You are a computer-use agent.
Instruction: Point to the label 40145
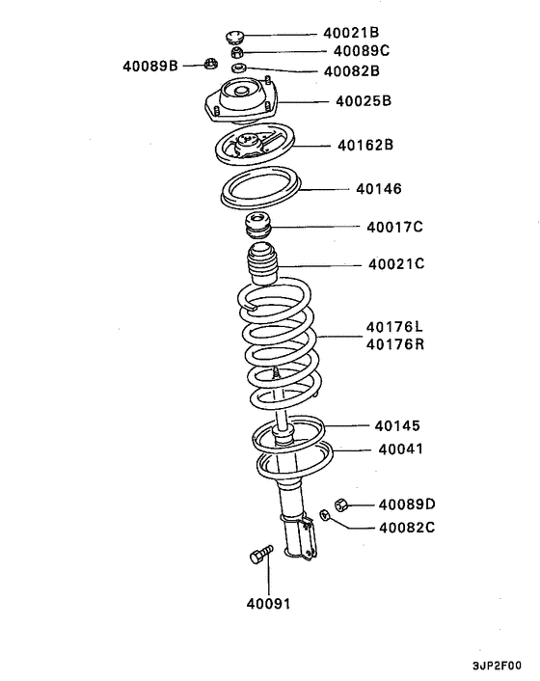398,425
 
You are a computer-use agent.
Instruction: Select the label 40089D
407,504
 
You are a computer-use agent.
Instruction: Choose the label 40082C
407,528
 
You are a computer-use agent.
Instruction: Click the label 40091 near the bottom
268,604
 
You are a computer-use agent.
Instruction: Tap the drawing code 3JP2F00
497,666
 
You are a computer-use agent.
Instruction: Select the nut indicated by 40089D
340,504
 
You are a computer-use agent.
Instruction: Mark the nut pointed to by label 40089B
209,66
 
